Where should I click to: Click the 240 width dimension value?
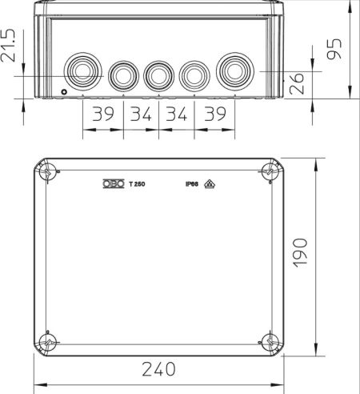(x=158, y=369)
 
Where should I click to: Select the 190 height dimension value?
(x=300, y=253)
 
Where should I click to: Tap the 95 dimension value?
(x=334, y=49)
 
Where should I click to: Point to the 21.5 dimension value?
(x=8, y=46)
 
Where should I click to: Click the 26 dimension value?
(x=297, y=83)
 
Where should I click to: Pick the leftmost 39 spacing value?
(x=103, y=114)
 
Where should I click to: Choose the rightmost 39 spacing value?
(x=215, y=114)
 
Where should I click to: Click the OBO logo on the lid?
(x=114, y=183)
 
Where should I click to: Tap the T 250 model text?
(x=137, y=184)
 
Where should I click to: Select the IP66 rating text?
(x=192, y=184)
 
